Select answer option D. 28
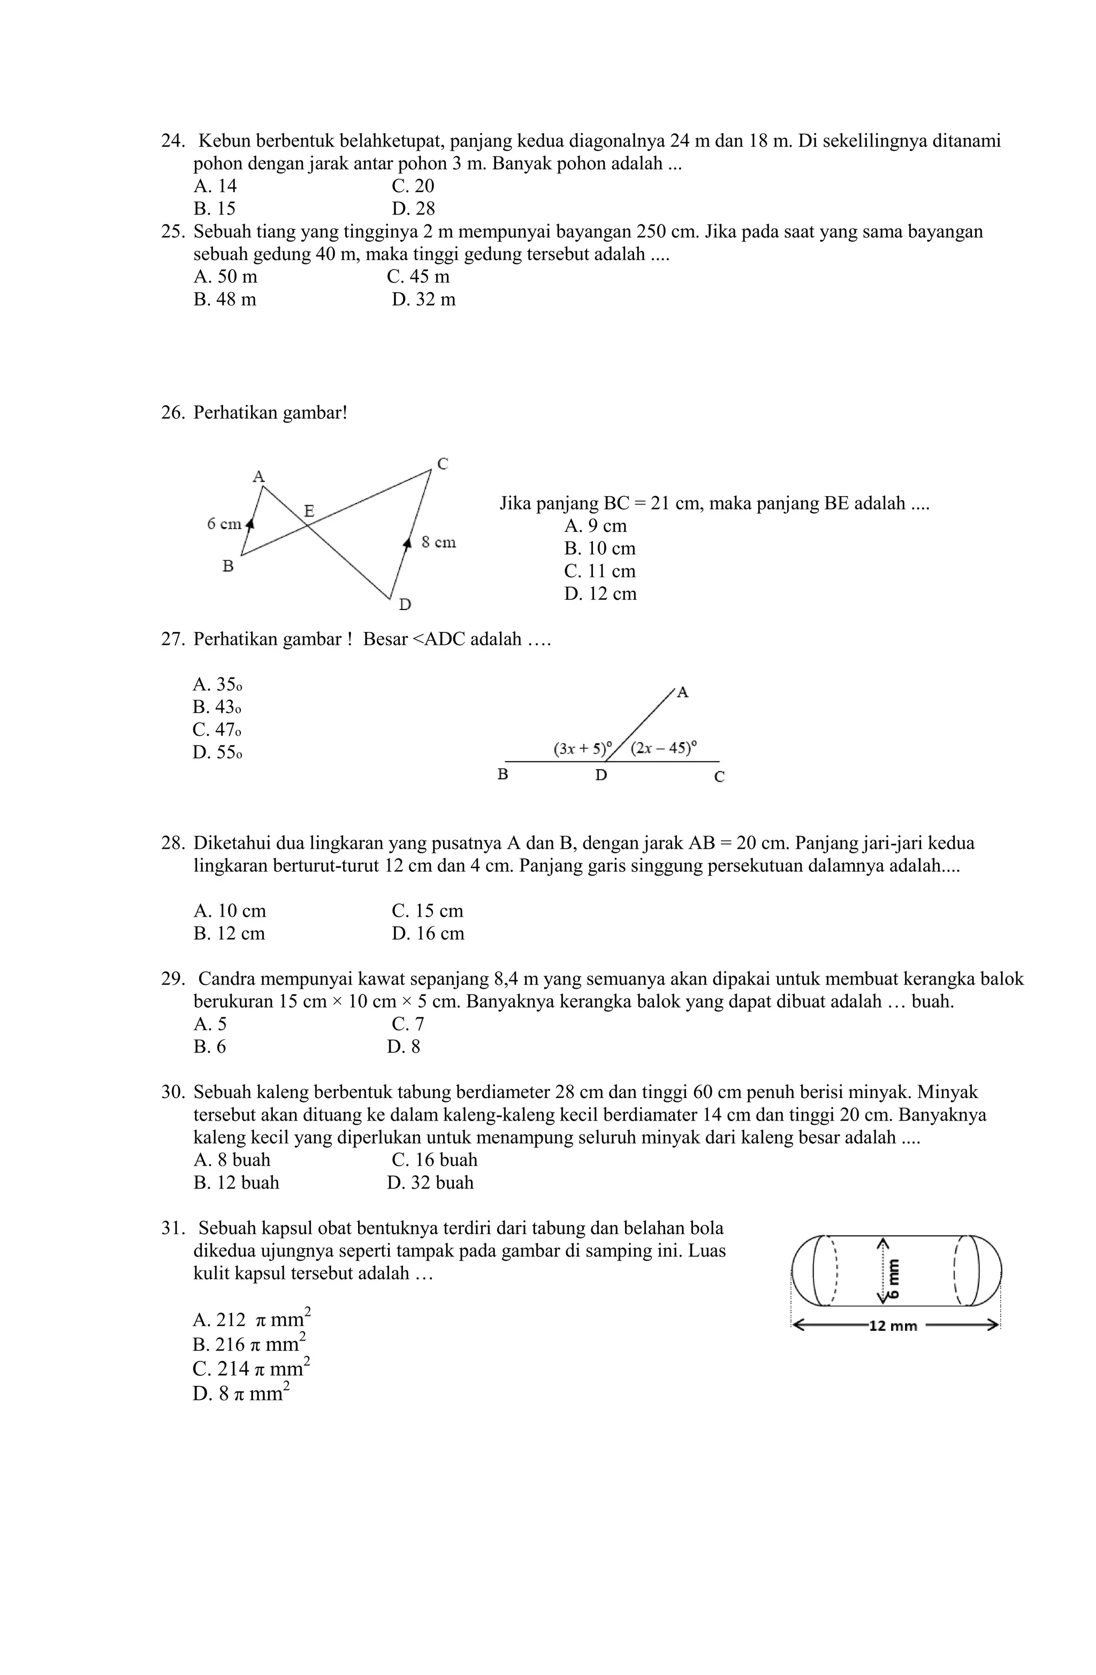(413, 208)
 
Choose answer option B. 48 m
(225, 299)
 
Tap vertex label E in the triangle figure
(308, 509)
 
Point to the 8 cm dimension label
(438, 542)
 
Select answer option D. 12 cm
(600, 593)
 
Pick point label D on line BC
(600, 775)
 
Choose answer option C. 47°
(217, 729)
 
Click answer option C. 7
(408, 1023)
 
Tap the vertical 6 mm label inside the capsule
(893, 1278)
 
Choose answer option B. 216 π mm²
(248, 1344)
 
